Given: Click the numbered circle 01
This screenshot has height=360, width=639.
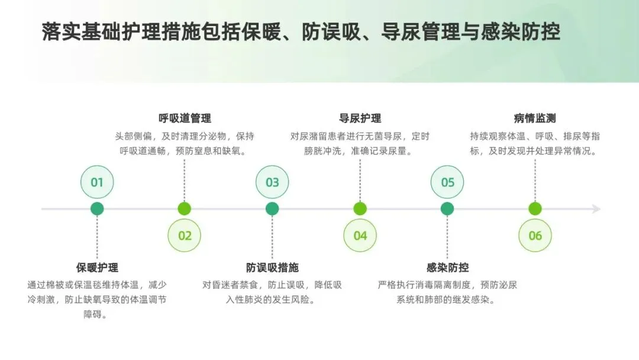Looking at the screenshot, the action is pos(97,182).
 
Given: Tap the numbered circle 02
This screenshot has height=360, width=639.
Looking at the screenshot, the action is pos(185,236).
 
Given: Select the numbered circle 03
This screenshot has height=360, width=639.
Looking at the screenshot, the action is pos(272,182).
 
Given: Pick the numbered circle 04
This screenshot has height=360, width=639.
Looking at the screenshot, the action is pos(360,236).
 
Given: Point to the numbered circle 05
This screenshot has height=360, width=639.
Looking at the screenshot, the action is pos(447,182).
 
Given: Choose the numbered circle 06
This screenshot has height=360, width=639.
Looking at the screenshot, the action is pos(535,236).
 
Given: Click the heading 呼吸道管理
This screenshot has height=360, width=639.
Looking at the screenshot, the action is pos(185,118).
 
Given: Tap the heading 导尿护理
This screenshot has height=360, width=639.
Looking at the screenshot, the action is pos(360,118).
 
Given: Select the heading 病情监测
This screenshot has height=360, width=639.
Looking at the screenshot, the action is pos(535,118).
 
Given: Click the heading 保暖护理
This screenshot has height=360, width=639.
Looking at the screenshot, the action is pos(97,268).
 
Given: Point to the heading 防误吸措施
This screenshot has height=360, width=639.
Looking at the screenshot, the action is pos(272,268).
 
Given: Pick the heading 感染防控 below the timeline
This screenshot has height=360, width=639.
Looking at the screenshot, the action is pos(447,268).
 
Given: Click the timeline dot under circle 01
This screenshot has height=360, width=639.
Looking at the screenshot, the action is pos(97,208).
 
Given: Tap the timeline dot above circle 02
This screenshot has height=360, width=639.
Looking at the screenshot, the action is pos(185,208).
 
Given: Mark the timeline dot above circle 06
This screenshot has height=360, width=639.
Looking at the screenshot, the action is pos(535,208).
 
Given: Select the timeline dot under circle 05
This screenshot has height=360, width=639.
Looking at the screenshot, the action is pos(447,208).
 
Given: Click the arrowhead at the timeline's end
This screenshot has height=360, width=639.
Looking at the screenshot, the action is pos(596,209).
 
